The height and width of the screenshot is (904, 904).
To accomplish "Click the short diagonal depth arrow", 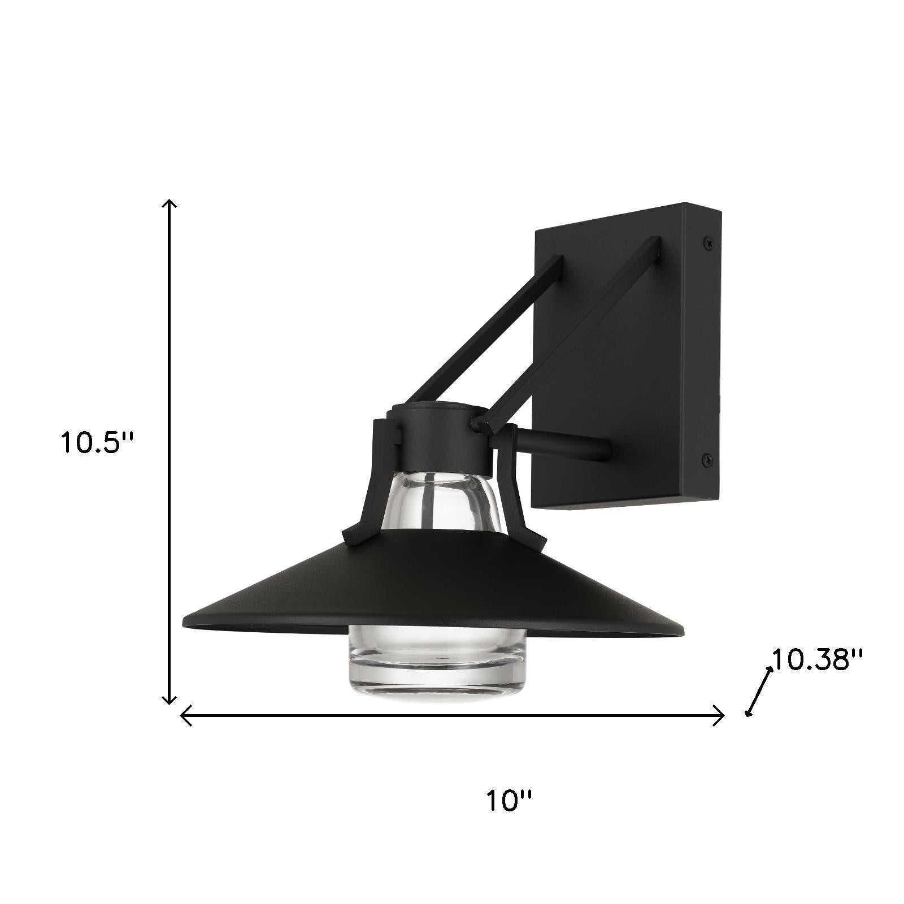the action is coord(759,690).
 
